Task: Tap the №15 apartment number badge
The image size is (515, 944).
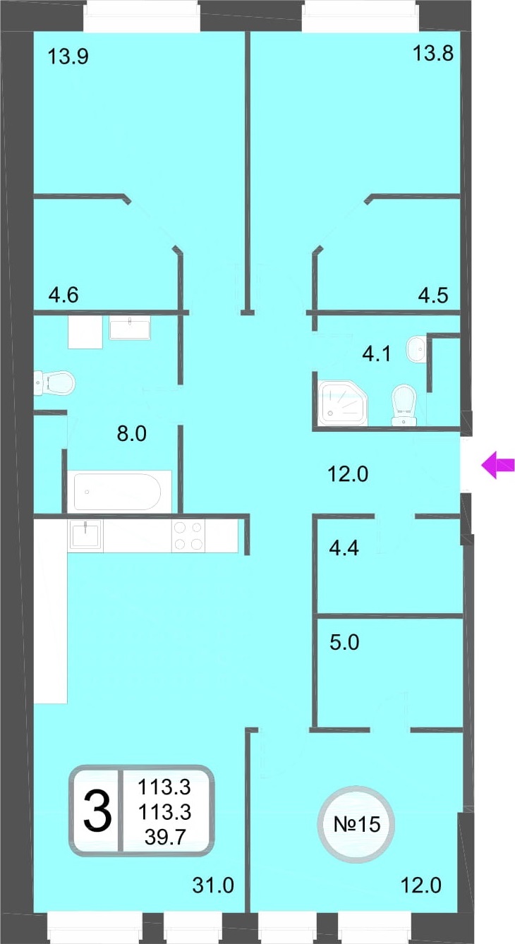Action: (x=356, y=824)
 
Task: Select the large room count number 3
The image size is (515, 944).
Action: (x=97, y=811)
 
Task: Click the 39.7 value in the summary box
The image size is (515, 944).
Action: (x=165, y=837)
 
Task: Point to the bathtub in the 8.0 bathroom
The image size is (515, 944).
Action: (x=119, y=491)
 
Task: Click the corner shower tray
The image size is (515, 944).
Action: (x=343, y=403)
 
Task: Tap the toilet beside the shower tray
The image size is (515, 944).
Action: (x=404, y=405)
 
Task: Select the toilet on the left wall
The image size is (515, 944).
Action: (x=54, y=382)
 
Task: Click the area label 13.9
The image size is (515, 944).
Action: (x=68, y=56)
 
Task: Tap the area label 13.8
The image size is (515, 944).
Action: (x=433, y=54)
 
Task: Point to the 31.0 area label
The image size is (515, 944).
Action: (x=213, y=885)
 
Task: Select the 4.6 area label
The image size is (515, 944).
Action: (x=63, y=295)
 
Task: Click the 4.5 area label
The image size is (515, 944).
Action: (x=433, y=295)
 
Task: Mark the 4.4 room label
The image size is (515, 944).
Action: (x=344, y=548)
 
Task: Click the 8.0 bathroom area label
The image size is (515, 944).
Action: (x=131, y=434)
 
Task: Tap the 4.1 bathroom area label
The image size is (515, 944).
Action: (x=377, y=353)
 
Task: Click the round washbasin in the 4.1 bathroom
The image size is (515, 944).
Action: (x=416, y=349)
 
